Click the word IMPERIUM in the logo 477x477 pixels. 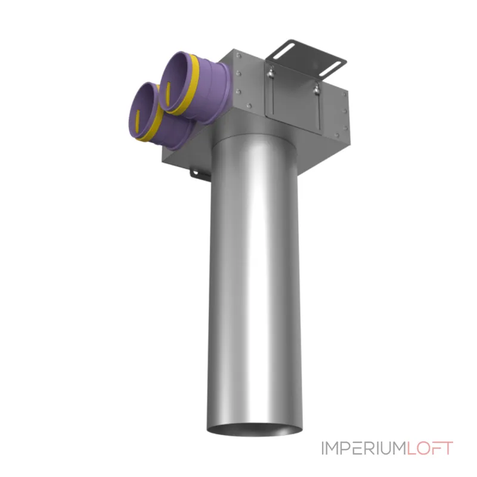click(x=364, y=448)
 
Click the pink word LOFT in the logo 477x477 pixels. click(x=430, y=448)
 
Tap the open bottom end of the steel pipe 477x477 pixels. click(x=255, y=429)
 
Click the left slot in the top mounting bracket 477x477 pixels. click(x=284, y=51)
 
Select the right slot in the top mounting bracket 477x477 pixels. click(x=330, y=69)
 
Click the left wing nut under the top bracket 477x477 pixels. click(x=270, y=73)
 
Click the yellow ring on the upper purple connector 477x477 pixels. click(x=190, y=85)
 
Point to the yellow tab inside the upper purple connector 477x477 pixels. click(x=168, y=92)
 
